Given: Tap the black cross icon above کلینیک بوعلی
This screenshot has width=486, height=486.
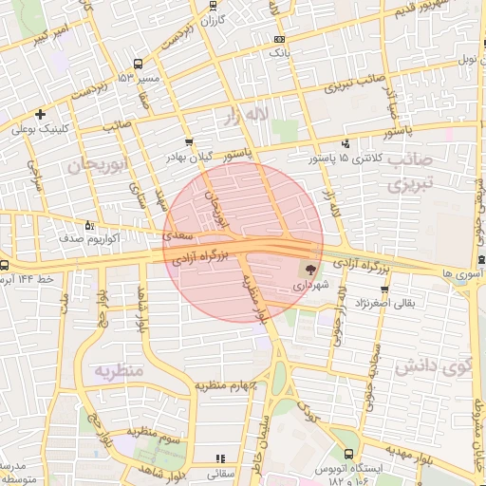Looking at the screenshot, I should pos(40,115).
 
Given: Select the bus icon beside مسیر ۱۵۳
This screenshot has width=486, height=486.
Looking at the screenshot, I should pos(139,64).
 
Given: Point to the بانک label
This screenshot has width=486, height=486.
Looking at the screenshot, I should pos(278,53).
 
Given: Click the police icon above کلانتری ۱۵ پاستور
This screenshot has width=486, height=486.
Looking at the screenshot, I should pos(345,144).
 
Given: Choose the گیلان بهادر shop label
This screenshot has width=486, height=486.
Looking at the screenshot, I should pos(190,157).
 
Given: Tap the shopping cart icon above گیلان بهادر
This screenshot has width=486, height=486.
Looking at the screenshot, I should pos(189,143).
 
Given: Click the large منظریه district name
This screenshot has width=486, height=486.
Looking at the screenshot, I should pos(119,369).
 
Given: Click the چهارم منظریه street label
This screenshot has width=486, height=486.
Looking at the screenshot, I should pos(228,385).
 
